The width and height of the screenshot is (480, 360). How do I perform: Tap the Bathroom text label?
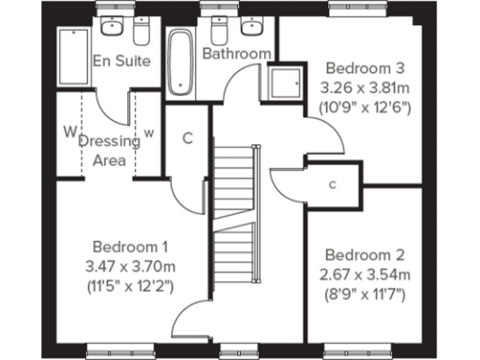click(237, 53)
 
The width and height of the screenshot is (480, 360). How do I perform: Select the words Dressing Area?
click(110, 150)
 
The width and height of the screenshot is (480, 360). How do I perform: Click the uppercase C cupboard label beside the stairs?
click(187, 139)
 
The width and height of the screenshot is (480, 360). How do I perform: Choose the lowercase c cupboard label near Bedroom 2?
click(332, 185)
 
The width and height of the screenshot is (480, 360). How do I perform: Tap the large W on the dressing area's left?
click(67, 131)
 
